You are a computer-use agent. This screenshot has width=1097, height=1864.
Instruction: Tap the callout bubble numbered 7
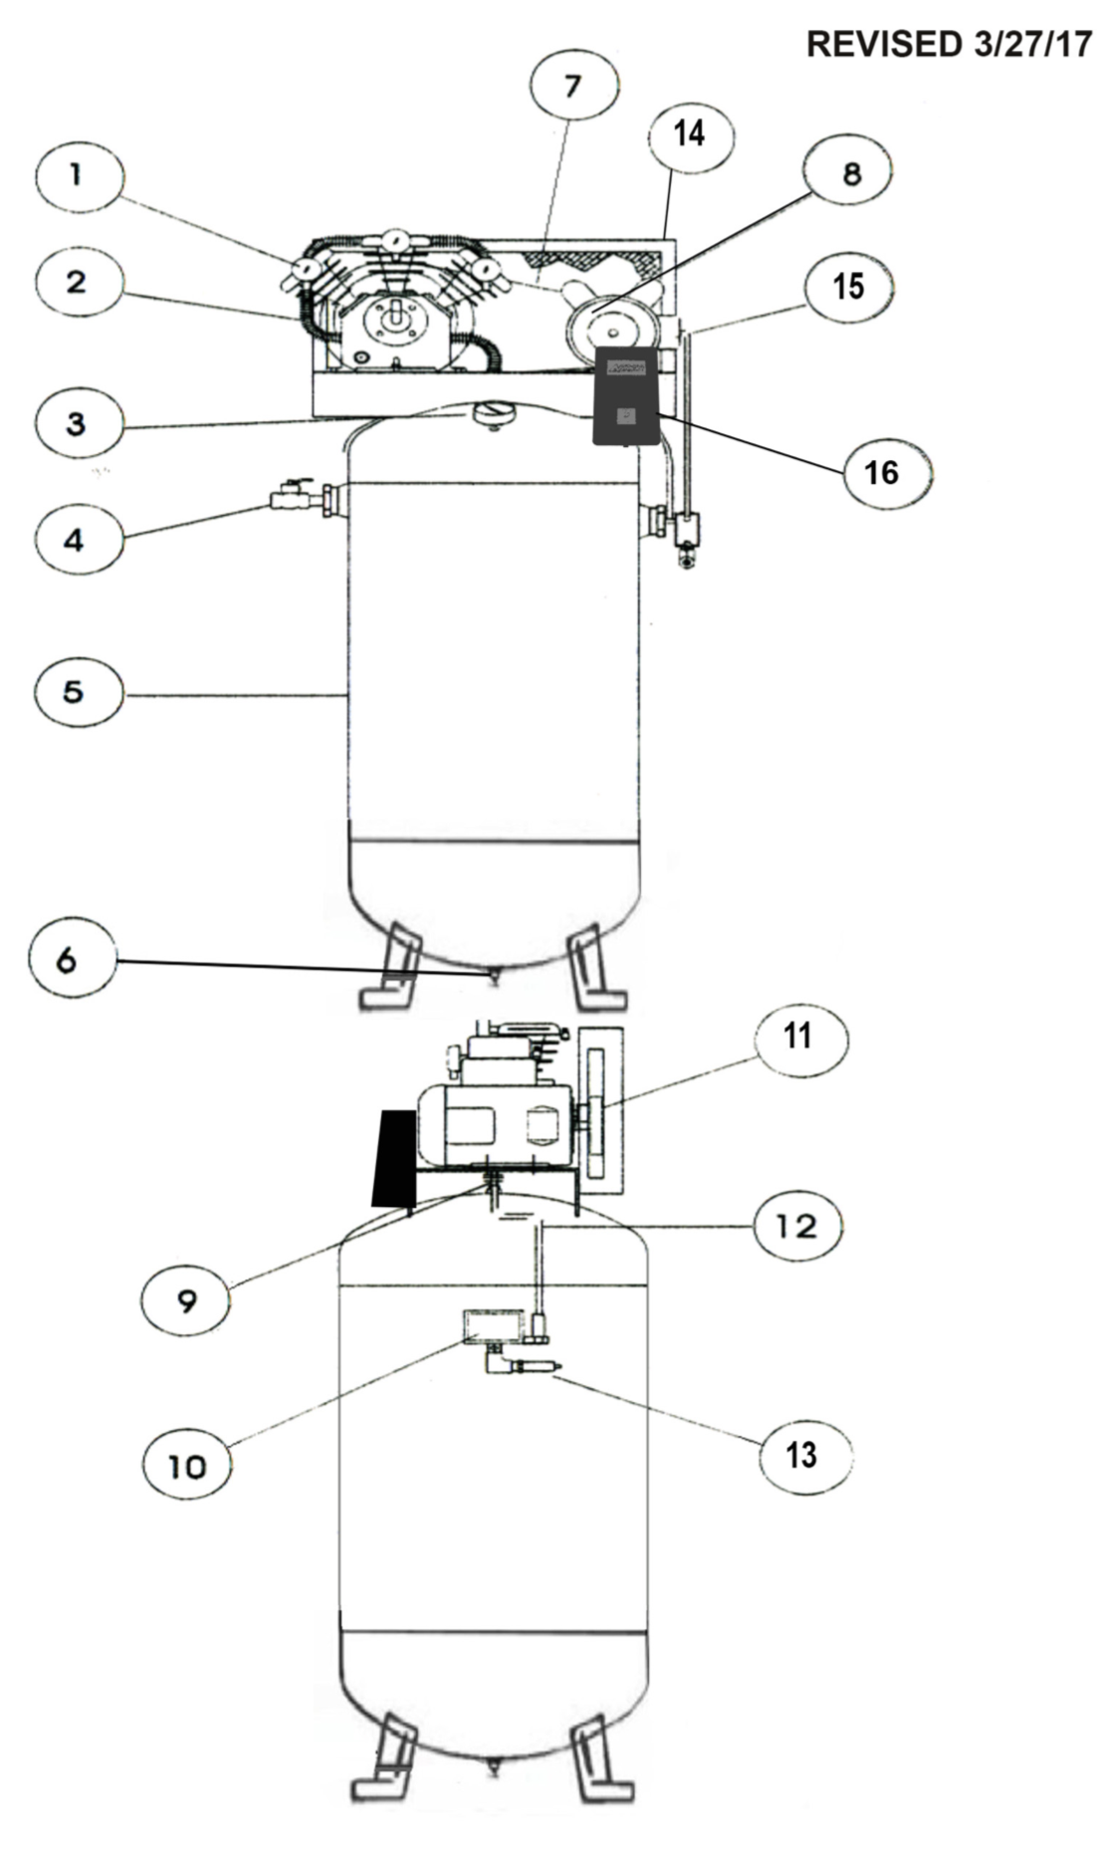572,87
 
